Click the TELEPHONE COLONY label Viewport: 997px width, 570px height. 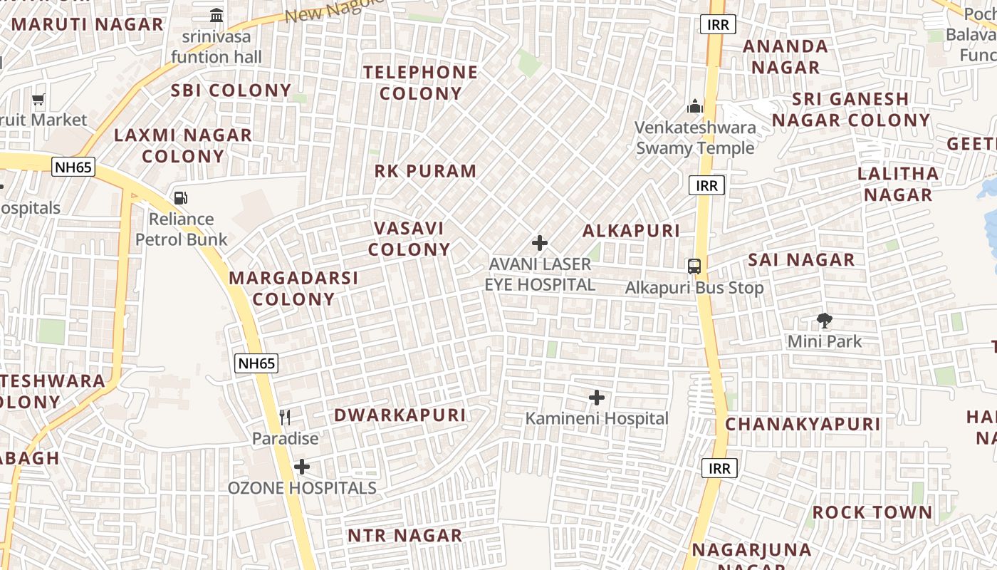(420, 83)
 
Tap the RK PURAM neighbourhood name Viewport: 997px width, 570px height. (425, 171)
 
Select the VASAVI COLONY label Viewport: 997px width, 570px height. (409, 239)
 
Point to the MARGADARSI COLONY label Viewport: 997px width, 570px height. (293, 288)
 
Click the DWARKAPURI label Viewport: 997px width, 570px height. (400, 415)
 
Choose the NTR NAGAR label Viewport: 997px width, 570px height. (404, 535)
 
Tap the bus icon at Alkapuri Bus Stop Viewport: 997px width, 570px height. (694, 266)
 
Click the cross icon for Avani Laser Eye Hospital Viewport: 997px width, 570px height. (540, 243)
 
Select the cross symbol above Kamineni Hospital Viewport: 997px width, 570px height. (597, 398)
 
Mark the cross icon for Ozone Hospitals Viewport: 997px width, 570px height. (302, 467)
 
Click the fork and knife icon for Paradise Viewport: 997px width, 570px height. (285, 417)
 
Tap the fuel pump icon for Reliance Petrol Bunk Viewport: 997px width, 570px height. (181, 198)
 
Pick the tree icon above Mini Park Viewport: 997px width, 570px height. (825, 321)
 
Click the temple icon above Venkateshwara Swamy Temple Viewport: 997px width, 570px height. (695, 107)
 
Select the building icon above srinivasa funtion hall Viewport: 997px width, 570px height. (216, 15)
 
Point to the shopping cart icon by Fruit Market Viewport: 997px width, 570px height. (38, 100)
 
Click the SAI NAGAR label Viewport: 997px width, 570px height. (801, 259)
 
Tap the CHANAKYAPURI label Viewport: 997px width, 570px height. (803, 424)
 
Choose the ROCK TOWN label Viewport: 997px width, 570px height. (872, 512)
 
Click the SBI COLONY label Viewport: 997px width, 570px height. (231, 90)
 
